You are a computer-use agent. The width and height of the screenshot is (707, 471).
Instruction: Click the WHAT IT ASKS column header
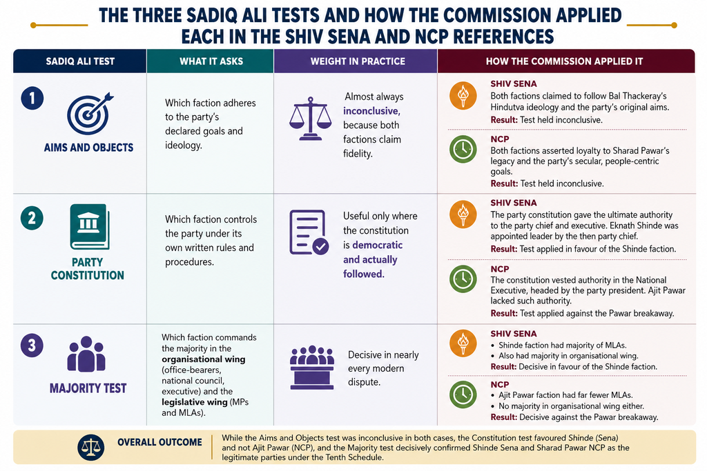pyautogui.click(x=211, y=61)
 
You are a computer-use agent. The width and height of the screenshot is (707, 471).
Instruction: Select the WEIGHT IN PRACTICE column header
pyautogui.click(x=358, y=61)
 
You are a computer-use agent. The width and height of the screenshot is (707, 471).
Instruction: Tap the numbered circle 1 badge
pyautogui.click(x=32, y=98)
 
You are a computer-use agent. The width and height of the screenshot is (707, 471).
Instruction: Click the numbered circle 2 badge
pyautogui.click(x=32, y=218)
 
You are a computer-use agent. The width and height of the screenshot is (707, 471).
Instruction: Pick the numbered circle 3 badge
pyautogui.click(x=32, y=345)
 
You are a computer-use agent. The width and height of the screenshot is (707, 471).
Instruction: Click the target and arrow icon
pyautogui.click(x=89, y=114)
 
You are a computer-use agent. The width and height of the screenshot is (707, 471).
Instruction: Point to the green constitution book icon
pyautogui.click(x=90, y=226)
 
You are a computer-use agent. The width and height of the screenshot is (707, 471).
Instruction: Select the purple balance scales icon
pyautogui.click(x=310, y=119)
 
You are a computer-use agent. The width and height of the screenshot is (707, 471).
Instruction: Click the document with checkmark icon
pyautogui.click(x=309, y=232)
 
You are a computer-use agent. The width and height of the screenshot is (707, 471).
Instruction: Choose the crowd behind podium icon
pyautogui.click(x=312, y=368)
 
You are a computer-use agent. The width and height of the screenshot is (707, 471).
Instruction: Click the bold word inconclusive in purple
pyautogui.click(x=371, y=111)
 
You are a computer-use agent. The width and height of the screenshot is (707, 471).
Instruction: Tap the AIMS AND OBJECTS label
pyautogui.click(x=88, y=148)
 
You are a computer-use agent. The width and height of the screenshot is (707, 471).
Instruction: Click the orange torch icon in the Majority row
pyautogui.click(x=463, y=343)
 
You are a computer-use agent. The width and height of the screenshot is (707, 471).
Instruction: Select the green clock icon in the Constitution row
pyautogui.click(x=463, y=279)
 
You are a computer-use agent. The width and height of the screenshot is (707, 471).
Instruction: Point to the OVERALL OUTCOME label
pyautogui.click(x=159, y=442)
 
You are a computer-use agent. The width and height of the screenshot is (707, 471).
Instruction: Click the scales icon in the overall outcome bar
pyautogui.click(x=90, y=447)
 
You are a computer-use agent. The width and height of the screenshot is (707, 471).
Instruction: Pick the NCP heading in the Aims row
pyautogui.click(x=500, y=139)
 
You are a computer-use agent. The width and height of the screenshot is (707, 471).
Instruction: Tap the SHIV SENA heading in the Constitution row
pyautogui.click(x=514, y=203)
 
